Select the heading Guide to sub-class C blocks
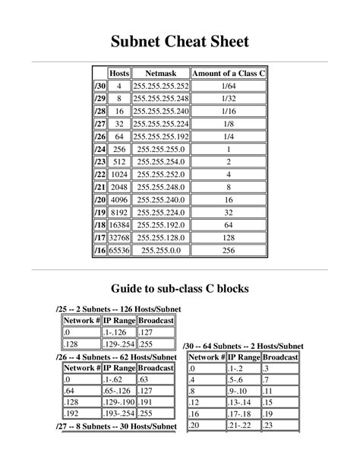pyautogui.click(x=180, y=289)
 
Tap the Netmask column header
pyautogui.click(x=161, y=73)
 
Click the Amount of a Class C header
pyautogui.click(x=229, y=73)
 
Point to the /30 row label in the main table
pyautogui.click(x=99, y=86)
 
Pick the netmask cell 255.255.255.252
pyautogui.click(x=161, y=86)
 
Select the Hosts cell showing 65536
pyautogui.click(x=119, y=250)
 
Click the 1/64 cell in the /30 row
pyautogui.click(x=229, y=86)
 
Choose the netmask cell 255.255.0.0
pyautogui.click(x=161, y=250)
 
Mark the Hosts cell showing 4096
pyautogui.click(x=119, y=199)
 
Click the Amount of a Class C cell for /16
pyautogui.click(x=229, y=250)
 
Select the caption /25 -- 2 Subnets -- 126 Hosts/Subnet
pyautogui.click(x=118, y=310)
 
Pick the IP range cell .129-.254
pyautogui.click(x=120, y=344)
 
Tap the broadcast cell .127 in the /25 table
pyautogui.click(x=156, y=333)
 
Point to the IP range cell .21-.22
pyautogui.click(x=242, y=426)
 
